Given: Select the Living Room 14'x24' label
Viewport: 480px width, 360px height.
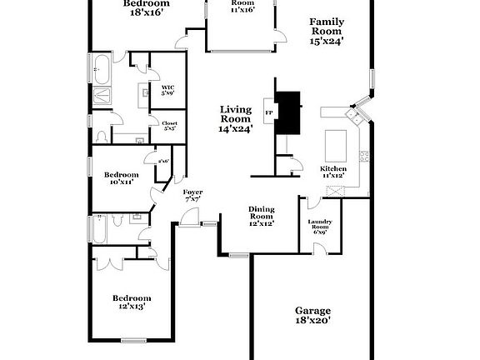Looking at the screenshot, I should click(235, 118).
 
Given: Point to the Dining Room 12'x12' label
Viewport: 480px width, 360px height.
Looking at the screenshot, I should click(262, 217).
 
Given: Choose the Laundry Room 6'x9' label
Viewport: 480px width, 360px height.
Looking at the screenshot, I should click(320, 227).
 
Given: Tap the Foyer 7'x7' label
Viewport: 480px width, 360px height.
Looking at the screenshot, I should click(192, 196).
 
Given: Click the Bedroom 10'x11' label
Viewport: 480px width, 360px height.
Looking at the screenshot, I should click(120, 177).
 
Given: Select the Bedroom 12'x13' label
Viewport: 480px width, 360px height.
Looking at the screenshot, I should click(131, 302).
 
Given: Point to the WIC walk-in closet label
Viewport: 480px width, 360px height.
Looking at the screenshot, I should click(167, 89).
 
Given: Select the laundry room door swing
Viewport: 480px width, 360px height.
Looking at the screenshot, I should click(312, 202).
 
